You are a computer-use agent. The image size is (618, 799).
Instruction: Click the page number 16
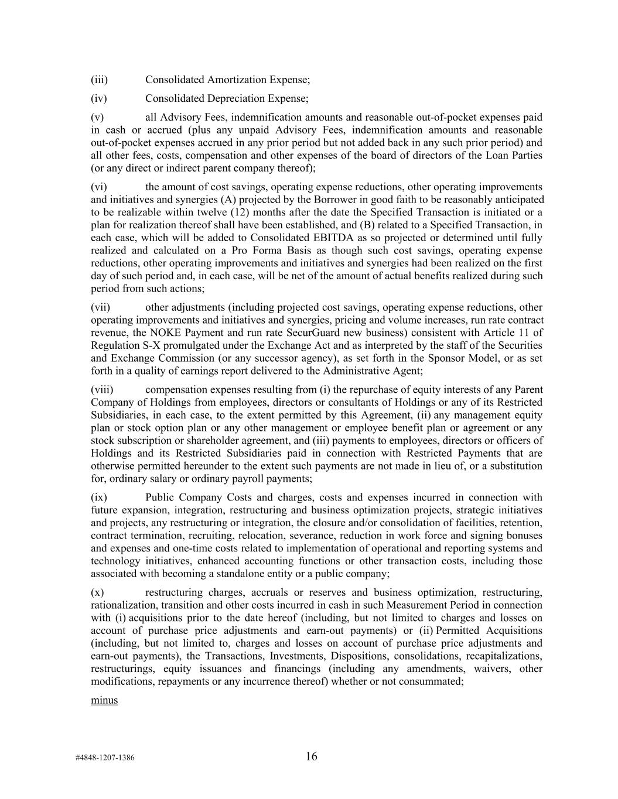tap(311, 756)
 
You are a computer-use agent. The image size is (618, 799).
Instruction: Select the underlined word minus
tap(104, 700)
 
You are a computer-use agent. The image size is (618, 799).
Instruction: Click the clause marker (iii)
tap(100, 79)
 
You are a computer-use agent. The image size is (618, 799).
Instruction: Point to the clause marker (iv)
tap(99, 98)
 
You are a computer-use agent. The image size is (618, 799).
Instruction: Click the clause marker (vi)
tap(99, 187)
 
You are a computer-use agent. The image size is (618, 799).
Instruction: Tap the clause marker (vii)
tap(100, 307)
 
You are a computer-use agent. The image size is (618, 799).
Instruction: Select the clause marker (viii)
tap(102, 390)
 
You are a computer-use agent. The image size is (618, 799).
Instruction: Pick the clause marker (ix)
tap(99, 498)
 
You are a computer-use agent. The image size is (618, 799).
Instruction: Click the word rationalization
tap(125, 605)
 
